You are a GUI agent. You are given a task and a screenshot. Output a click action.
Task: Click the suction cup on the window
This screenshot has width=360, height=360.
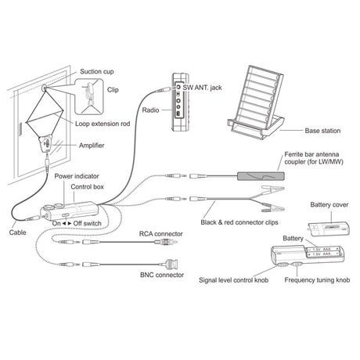tap(45, 88)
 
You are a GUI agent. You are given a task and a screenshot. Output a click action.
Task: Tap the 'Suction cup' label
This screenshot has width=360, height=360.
tap(97, 71)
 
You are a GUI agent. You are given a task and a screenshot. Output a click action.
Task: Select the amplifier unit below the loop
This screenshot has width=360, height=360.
tap(46, 143)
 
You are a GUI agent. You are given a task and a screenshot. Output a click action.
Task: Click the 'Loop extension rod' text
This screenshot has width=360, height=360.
tap(103, 124)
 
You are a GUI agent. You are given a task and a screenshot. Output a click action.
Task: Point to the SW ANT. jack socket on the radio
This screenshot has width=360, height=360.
tap(178, 87)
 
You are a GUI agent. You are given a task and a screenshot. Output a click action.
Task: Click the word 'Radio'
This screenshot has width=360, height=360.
tap(150, 110)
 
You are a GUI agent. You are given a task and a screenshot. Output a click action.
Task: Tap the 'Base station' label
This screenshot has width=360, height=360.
tap(322, 131)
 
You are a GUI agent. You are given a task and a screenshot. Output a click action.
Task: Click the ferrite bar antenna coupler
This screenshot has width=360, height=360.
tap(261, 176)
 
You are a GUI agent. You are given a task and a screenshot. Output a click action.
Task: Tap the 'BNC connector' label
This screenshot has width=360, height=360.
tap(162, 275)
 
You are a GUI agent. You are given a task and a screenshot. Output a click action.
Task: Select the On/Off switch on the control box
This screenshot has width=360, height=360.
tap(66, 215)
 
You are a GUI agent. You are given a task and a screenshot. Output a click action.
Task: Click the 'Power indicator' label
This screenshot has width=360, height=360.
tap(77, 176)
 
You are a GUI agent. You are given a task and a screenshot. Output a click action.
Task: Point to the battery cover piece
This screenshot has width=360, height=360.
tap(329, 229)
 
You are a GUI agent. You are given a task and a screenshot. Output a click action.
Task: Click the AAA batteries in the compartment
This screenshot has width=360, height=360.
tap(323, 251)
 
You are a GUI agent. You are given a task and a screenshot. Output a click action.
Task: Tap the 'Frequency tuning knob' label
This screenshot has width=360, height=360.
tap(317, 280)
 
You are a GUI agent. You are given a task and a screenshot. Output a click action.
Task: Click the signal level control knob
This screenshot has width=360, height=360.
tap(282, 265)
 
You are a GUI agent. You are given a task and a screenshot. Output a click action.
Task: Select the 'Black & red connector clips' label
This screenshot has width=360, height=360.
tap(239, 222)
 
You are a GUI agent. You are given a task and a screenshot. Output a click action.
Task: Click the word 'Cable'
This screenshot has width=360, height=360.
tap(17, 232)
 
